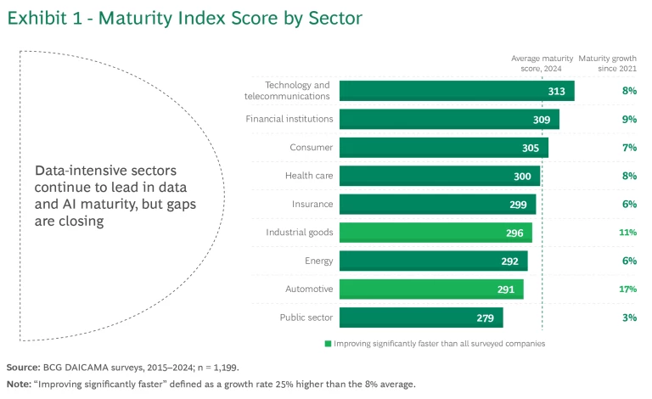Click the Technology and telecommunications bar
[457, 91]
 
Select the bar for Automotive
[431, 289]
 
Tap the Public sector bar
[421, 318]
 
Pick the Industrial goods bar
[436, 233]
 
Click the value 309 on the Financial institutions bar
[542, 120]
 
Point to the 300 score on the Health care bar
[522, 176]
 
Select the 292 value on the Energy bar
[510, 261]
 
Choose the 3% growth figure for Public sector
[629, 318]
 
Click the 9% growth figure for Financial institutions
[629, 120]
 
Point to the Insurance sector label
[312, 204]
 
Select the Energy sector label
[318, 261]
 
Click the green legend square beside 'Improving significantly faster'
[327, 344]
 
